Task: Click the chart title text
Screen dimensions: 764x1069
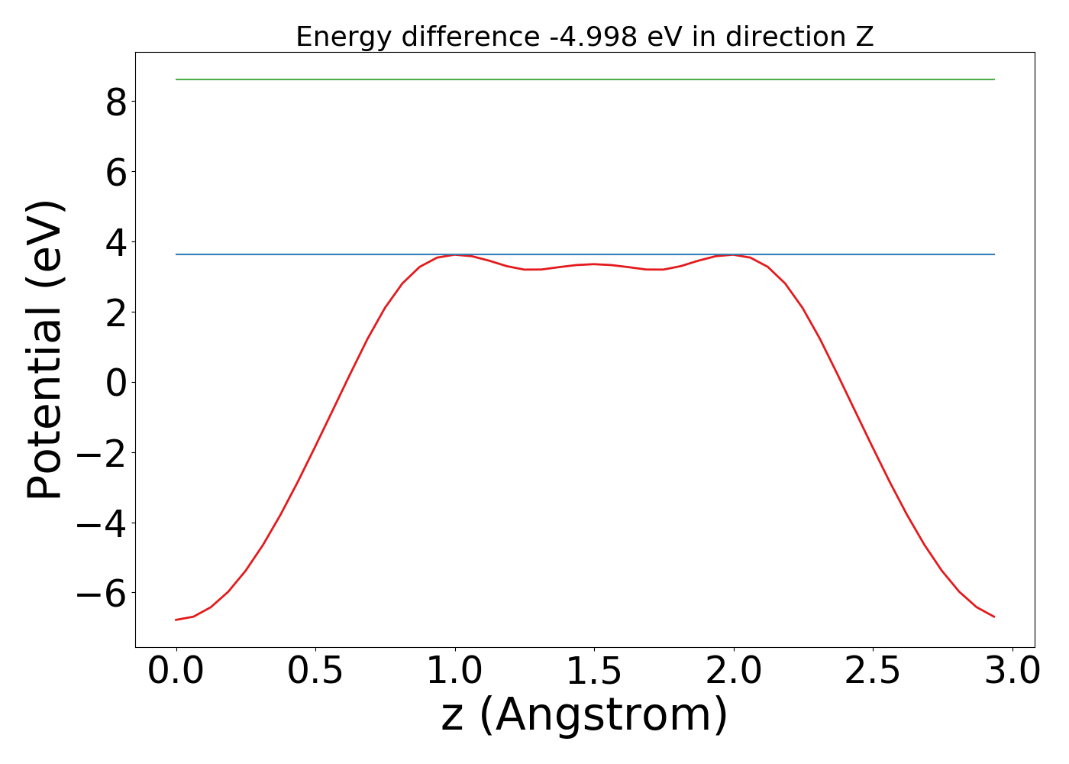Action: coord(584,37)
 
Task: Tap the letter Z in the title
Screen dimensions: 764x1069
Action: coord(864,37)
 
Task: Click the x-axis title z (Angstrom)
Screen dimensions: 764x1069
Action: coord(584,716)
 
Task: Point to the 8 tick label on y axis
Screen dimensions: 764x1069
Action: coord(116,102)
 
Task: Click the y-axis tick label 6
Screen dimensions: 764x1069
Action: coord(116,172)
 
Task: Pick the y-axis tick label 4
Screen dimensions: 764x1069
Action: coord(116,242)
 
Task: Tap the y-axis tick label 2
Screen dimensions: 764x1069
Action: coord(116,312)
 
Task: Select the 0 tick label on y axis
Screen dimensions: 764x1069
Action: coord(116,383)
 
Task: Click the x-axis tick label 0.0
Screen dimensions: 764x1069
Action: coord(176,671)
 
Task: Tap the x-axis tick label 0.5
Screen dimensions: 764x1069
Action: coord(315,671)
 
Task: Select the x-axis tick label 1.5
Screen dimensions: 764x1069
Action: coord(594,671)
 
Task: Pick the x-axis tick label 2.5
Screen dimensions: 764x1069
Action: coord(873,671)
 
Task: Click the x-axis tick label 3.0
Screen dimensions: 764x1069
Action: coord(1012,671)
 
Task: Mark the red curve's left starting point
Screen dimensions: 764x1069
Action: coord(176,620)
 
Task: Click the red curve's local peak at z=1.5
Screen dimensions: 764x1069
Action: coord(594,264)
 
